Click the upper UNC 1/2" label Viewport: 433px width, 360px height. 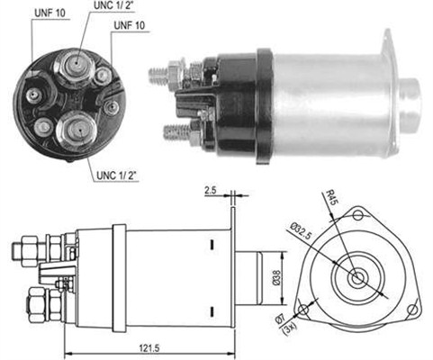coord(113,5)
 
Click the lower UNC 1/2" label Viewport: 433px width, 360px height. coord(116,175)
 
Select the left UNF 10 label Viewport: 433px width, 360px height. coord(50,13)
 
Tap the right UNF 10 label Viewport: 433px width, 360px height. coord(130,25)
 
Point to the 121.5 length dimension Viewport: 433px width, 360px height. coord(149,348)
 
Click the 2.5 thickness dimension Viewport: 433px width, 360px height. coord(210,190)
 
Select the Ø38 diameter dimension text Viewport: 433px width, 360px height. coord(276,277)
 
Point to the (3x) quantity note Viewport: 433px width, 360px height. coord(290,328)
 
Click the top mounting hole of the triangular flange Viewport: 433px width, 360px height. coord(358,215)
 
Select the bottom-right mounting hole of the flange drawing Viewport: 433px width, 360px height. coord(413,310)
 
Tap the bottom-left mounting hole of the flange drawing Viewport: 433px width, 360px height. coord(303,310)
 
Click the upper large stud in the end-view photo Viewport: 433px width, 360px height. coord(75,66)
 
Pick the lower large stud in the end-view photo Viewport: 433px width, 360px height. coord(77,130)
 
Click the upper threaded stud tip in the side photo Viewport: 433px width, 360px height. coord(158,75)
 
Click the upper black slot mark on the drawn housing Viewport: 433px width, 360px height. coord(212,244)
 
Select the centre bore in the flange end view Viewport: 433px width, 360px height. coord(357,278)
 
